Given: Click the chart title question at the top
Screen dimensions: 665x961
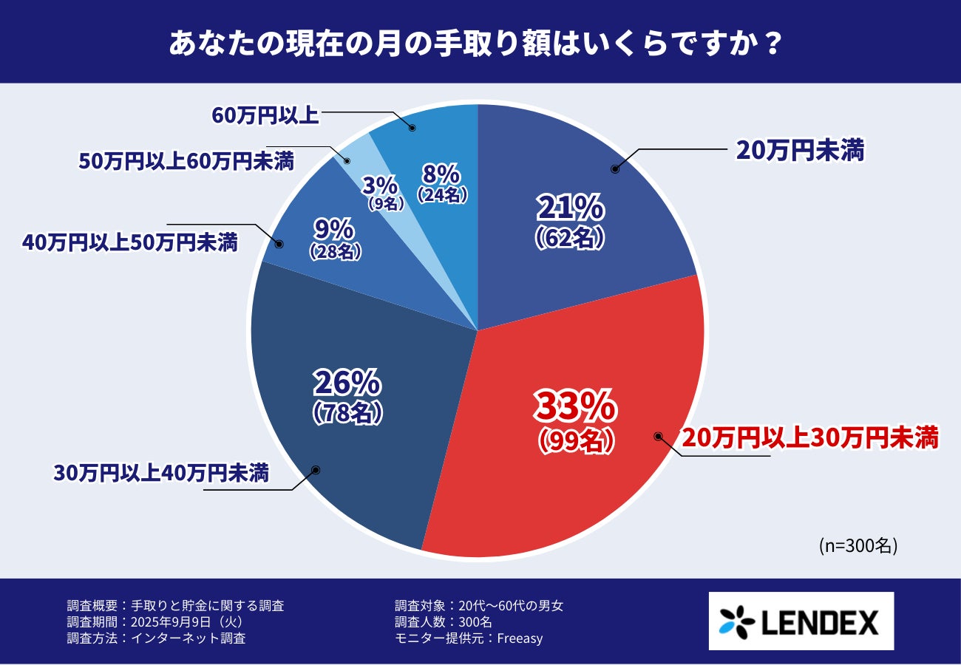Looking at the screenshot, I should [475, 42].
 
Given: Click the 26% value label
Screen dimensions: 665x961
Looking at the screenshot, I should [347, 383].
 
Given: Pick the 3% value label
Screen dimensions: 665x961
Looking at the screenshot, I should [380, 185].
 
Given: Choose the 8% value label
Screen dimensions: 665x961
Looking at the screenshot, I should [442, 175].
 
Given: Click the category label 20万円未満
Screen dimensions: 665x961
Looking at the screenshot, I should [800, 151].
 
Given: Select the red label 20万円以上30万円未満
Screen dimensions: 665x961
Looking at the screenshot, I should [809, 437].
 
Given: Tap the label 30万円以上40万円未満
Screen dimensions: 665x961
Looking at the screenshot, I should [160, 473].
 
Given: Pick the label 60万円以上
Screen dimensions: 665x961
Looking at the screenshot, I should [265, 115].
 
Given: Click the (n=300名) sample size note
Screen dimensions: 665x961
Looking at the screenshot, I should [858, 545].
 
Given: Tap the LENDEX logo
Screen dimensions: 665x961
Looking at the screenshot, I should [801, 621].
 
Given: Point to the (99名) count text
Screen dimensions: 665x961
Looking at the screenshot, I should [576, 440].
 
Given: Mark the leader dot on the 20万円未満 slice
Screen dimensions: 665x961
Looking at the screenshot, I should [614, 169].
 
